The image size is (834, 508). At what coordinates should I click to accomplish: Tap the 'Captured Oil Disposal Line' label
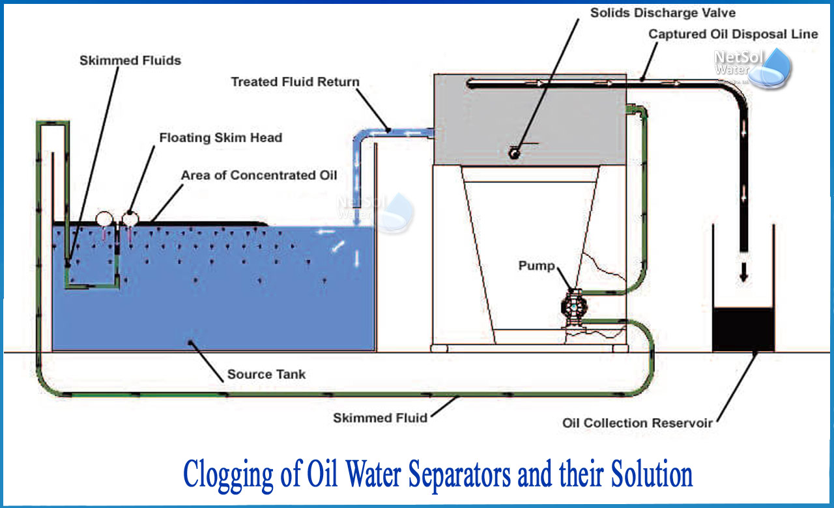(732, 34)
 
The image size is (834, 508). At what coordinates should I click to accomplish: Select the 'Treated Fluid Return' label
(295, 82)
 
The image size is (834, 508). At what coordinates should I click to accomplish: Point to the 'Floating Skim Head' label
(221, 138)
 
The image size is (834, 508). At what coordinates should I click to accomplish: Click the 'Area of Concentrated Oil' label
(259, 175)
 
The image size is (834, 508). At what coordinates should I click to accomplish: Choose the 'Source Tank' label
(266, 374)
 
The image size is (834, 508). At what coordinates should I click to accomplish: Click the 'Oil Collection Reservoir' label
(637, 423)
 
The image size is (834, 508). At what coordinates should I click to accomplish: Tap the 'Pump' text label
(537, 266)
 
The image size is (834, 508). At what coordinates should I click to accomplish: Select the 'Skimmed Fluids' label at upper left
(130, 61)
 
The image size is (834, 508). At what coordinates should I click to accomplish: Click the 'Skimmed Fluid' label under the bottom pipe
(380, 418)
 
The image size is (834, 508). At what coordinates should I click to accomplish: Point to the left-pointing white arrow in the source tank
(326, 231)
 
